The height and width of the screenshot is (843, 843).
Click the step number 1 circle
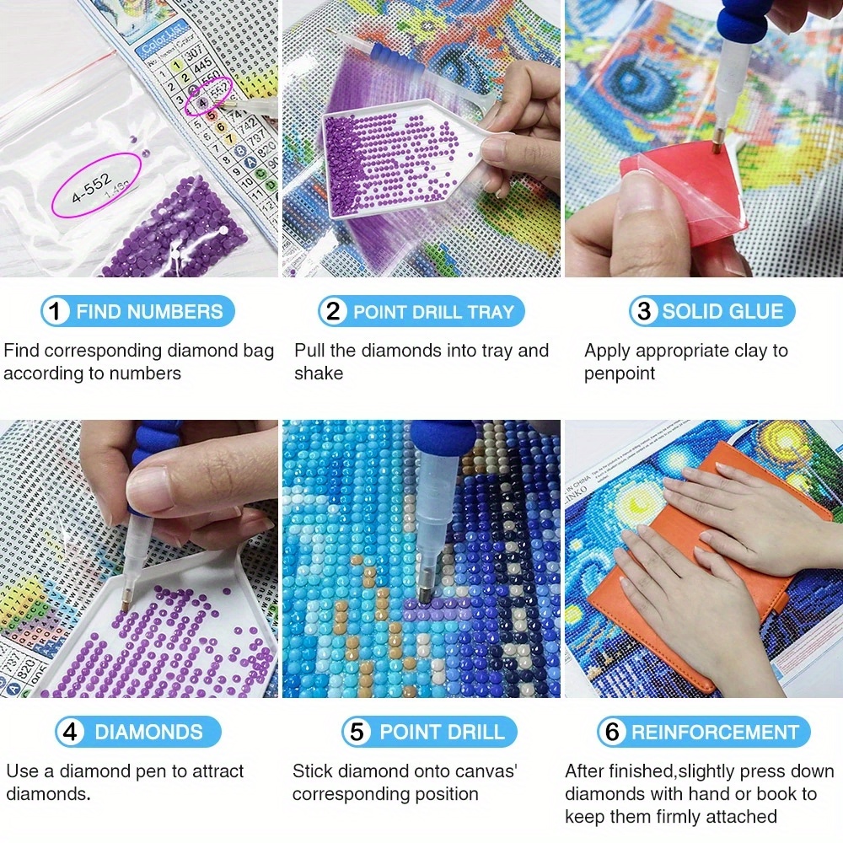[x=56, y=312]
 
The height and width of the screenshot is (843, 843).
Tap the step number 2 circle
[x=334, y=312]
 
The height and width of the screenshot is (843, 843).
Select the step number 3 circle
[x=644, y=312]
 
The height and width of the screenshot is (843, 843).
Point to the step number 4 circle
[x=71, y=732]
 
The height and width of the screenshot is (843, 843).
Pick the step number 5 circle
[x=357, y=732]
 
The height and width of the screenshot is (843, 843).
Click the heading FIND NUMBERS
[x=149, y=312]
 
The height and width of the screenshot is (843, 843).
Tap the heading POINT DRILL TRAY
[x=433, y=312]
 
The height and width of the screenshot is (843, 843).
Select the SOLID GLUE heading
[x=722, y=312]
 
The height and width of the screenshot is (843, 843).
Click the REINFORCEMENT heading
[x=714, y=732]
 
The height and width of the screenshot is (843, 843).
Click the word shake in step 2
[x=319, y=373]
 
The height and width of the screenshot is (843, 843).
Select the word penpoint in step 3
[x=620, y=373]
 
